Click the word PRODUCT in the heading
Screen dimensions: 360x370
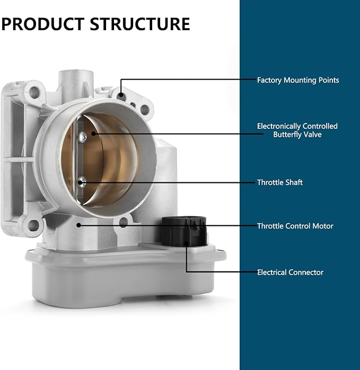(43, 24)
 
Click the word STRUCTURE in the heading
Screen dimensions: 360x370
(140, 24)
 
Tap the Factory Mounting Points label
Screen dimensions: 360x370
(298, 80)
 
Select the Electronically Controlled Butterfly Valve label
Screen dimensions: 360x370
(297, 130)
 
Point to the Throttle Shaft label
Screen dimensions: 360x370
(280, 182)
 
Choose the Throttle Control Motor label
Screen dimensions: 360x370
(295, 226)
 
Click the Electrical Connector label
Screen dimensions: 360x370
(290, 272)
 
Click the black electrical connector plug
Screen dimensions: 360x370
(184, 232)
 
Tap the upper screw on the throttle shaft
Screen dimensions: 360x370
(82, 137)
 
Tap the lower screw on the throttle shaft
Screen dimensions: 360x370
(82, 182)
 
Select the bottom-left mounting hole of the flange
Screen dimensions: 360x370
(33, 225)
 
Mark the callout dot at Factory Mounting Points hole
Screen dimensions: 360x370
(121, 95)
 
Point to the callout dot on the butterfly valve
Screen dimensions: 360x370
(93, 134)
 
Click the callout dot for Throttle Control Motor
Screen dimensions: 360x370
(79, 225)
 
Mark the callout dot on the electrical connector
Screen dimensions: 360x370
(186, 244)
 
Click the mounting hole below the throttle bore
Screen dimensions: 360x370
(123, 222)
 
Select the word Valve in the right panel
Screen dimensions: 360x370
(313, 135)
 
